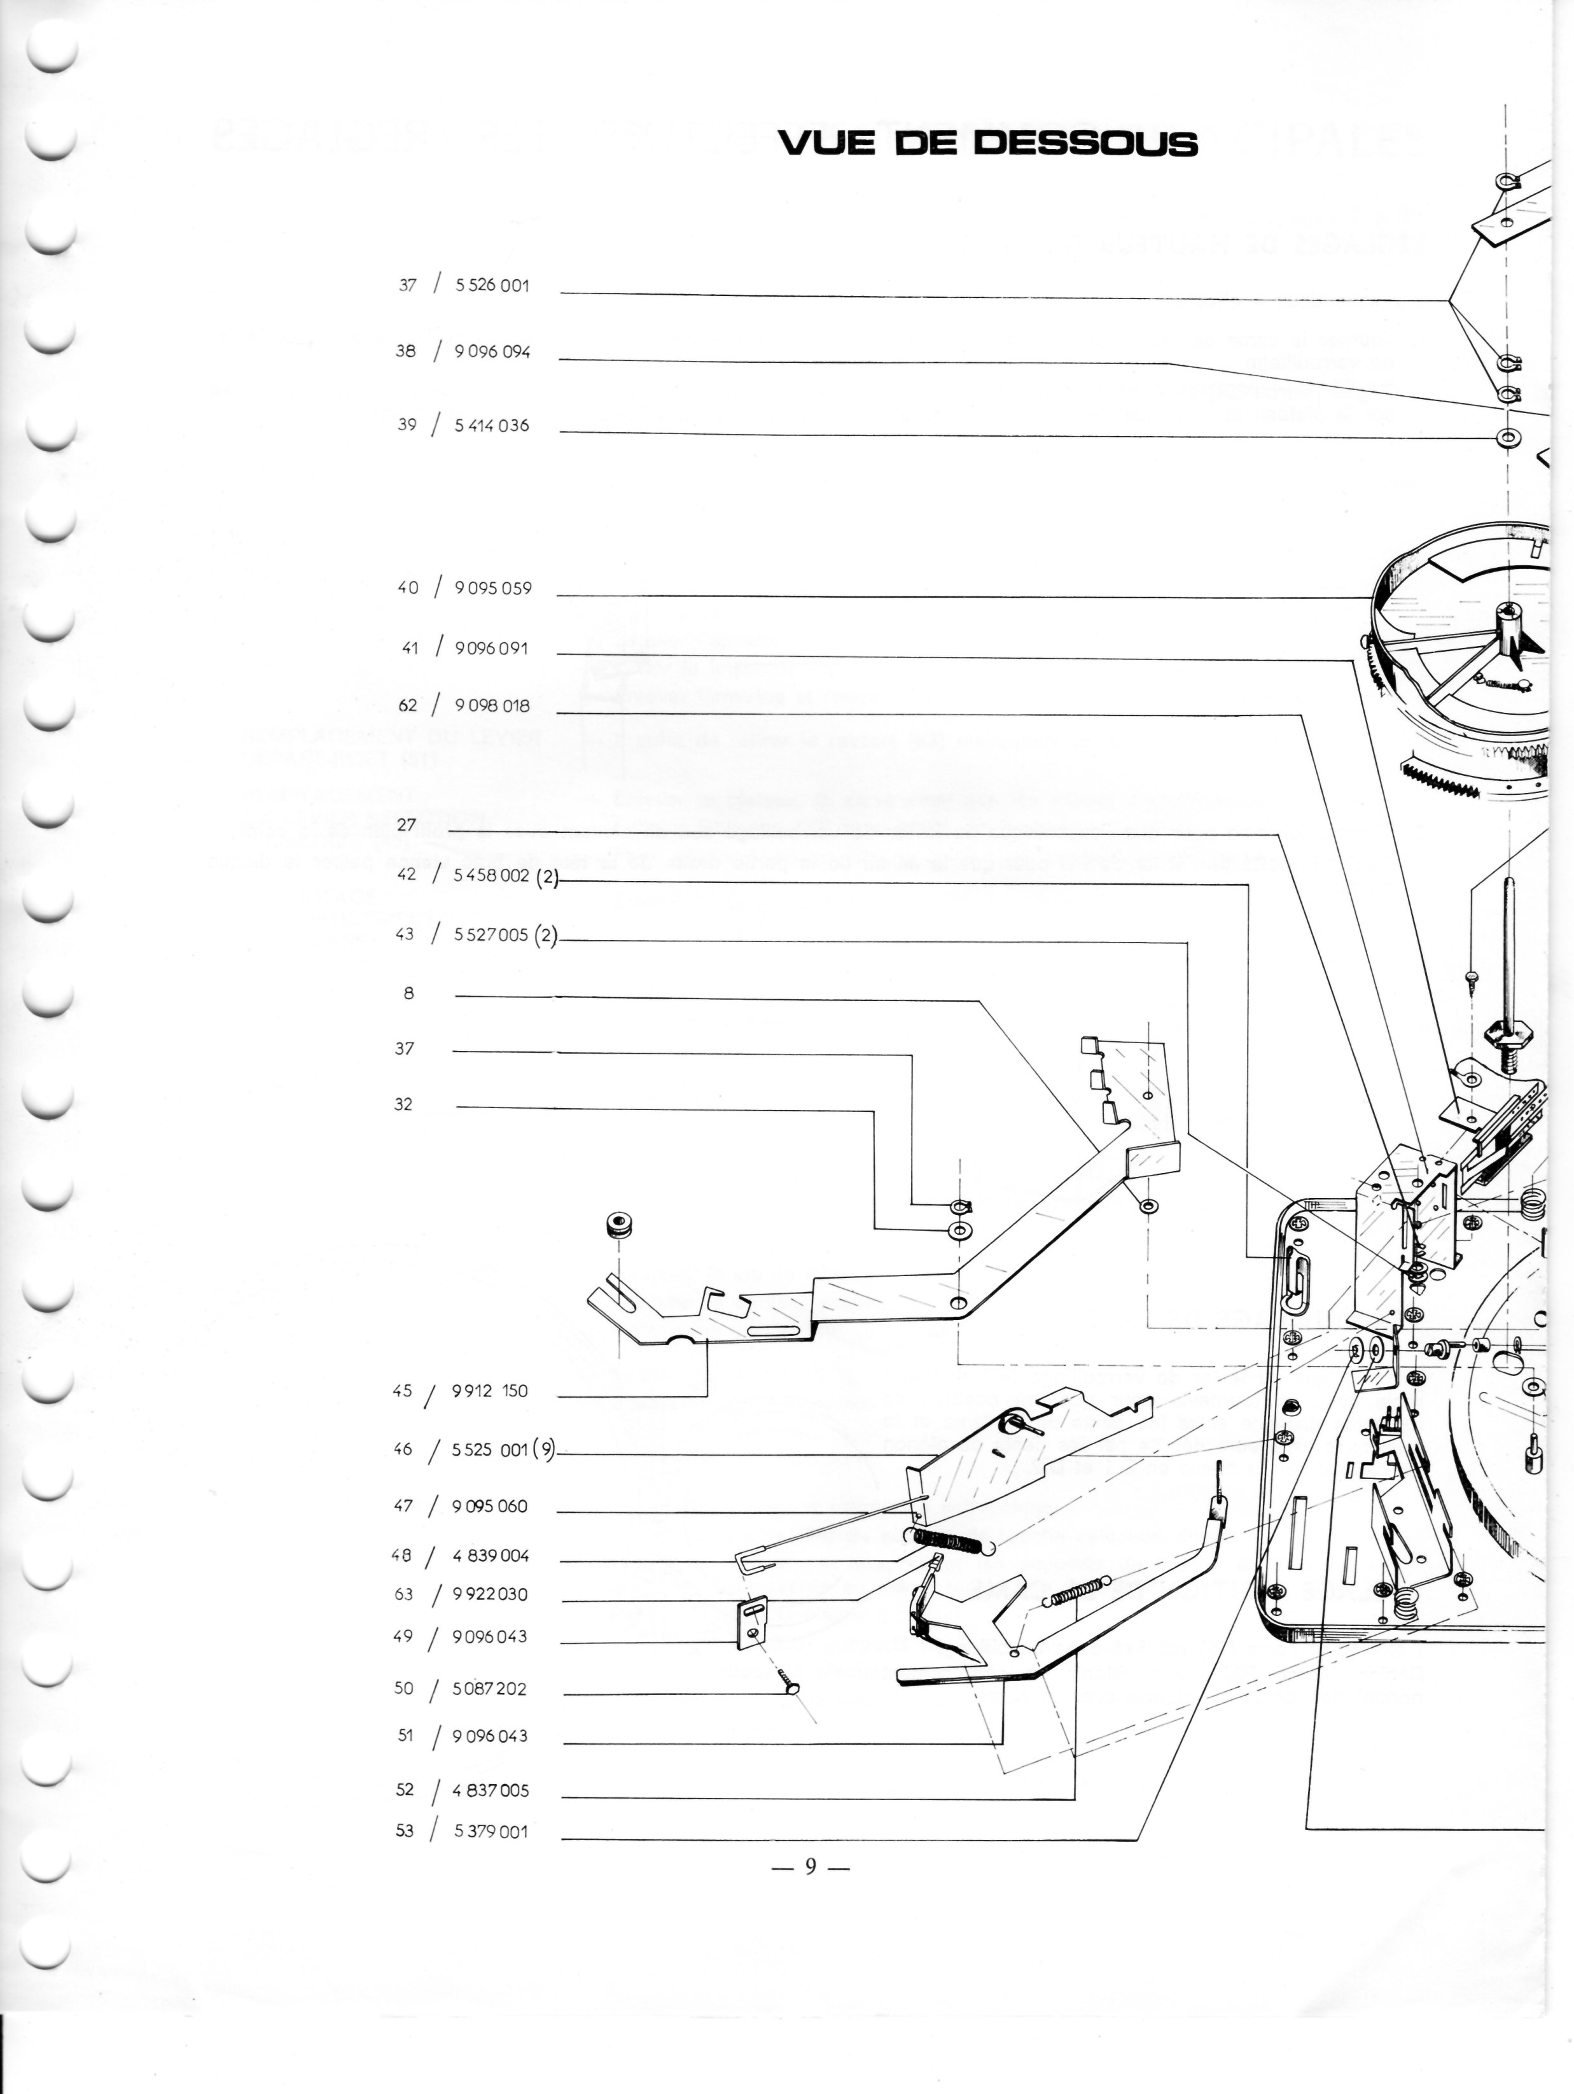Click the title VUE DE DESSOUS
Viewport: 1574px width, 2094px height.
click(x=987, y=143)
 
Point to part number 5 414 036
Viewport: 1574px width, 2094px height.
click(x=491, y=425)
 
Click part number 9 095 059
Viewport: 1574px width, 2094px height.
click(x=492, y=588)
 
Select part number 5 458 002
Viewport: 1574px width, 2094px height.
click(x=491, y=876)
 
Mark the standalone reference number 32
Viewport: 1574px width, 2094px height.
click(x=404, y=1104)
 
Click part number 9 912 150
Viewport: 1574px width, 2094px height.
click(x=489, y=1391)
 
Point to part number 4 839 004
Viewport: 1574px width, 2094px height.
click(x=491, y=1556)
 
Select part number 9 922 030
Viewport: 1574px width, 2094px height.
click(x=489, y=1594)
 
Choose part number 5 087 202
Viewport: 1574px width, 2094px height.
click(x=489, y=1689)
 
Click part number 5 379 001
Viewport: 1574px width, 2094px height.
click(x=491, y=1831)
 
